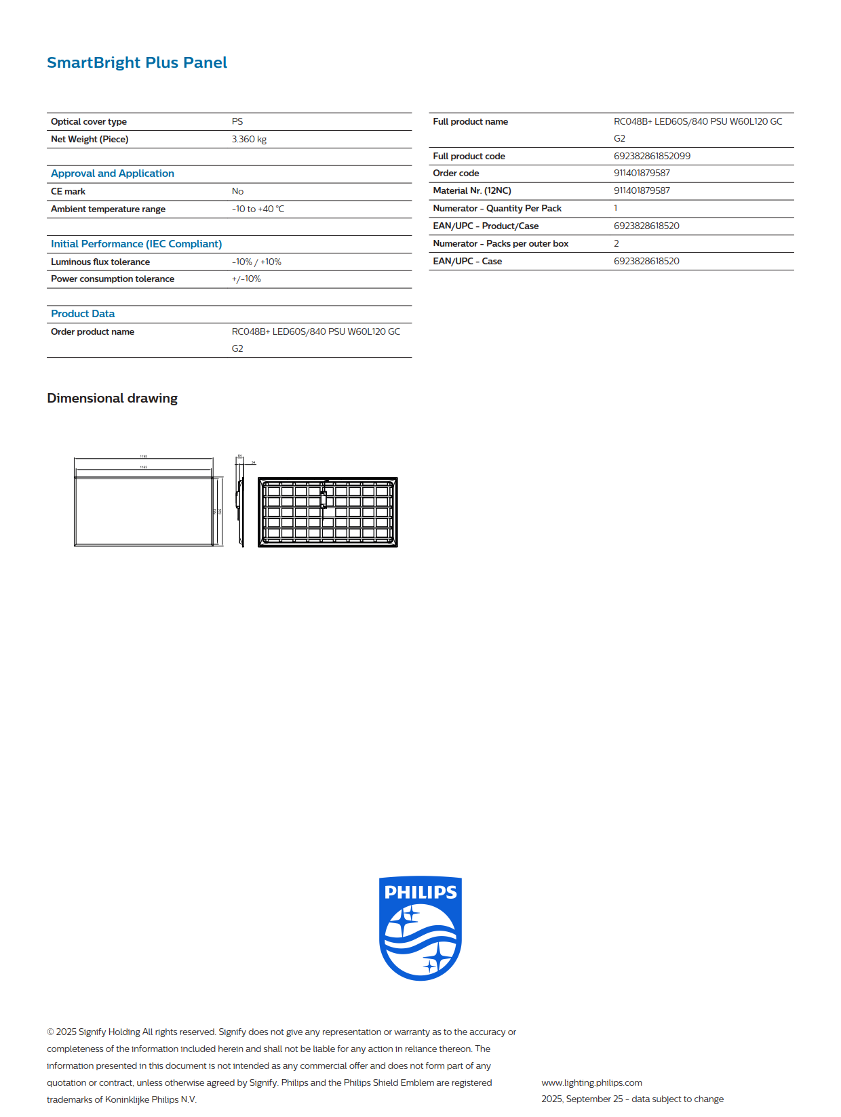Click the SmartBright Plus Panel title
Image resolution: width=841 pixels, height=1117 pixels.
[x=137, y=62]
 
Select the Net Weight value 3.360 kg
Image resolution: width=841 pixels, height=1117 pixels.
[x=249, y=139]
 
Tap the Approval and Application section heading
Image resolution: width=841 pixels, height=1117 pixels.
[x=113, y=174]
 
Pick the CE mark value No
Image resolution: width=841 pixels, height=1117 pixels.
[x=237, y=191]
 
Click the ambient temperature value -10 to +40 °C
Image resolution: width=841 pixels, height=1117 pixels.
[x=258, y=209]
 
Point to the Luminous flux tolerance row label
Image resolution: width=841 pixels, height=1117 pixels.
[x=100, y=262]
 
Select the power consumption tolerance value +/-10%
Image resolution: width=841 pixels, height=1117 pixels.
[x=246, y=279]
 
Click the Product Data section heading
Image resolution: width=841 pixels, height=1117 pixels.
[x=83, y=314]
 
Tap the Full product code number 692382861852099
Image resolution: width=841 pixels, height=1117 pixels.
[x=652, y=156]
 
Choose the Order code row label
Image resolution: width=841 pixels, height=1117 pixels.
[x=456, y=173]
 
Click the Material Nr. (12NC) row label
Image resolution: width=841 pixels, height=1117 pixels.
[x=472, y=190]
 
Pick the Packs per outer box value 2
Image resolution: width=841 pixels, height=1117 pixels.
[x=617, y=243]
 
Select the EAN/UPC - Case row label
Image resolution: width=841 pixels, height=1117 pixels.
[x=467, y=261]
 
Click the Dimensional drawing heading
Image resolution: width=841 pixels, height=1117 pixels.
[x=113, y=398]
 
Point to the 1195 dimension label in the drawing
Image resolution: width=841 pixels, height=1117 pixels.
[x=144, y=456]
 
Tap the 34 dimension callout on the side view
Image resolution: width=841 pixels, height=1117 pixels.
[x=254, y=462]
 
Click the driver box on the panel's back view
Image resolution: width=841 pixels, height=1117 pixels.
[x=324, y=499]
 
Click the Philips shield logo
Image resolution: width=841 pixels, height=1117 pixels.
[x=420, y=928]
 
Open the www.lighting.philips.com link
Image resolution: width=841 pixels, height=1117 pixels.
[x=591, y=1082]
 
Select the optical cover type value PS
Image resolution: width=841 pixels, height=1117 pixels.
[x=237, y=121]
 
